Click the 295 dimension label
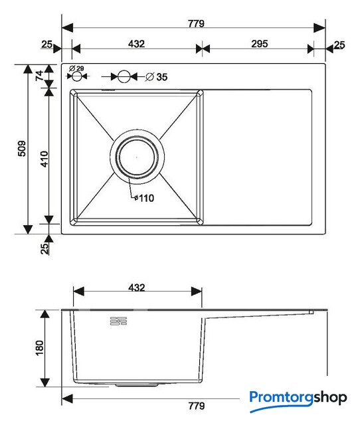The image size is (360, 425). pos(260,44)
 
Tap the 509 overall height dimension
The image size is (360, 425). pos(22,149)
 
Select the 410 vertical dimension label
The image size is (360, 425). pos(45,159)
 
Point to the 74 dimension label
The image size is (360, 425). pos(40,75)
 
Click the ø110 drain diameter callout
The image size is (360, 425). pos(144,198)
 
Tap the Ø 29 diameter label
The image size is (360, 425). pos(76,68)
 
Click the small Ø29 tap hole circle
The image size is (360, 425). pos(77,76)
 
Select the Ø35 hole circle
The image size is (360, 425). pos(124,77)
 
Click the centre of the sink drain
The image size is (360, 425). pos(137,157)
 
